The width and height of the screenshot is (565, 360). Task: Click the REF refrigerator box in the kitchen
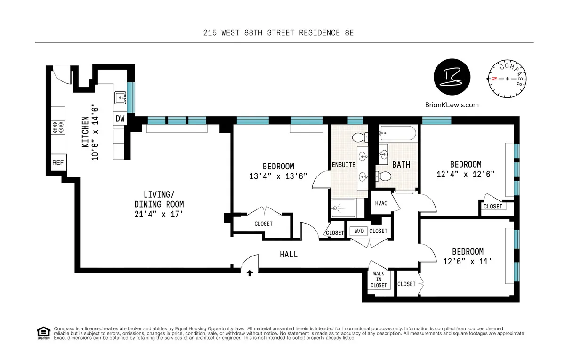[x=58, y=162]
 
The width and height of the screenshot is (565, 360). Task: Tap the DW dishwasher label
[x=120, y=119]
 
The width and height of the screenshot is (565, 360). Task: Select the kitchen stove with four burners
[x=58, y=127]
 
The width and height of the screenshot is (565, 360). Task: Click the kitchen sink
[x=120, y=98]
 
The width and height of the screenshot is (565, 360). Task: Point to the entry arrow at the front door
[x=250, y=272]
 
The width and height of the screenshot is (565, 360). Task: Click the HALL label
[x=289, y=254]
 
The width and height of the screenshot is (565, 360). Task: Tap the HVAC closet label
[x=381, y=203]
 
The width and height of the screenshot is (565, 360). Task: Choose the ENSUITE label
[x=343, y=165]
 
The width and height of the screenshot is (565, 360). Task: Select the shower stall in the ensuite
[x=343, y=208]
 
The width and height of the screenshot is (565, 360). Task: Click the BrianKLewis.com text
[x=451, y=105]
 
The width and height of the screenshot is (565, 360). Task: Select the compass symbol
[x=507, y=79]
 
